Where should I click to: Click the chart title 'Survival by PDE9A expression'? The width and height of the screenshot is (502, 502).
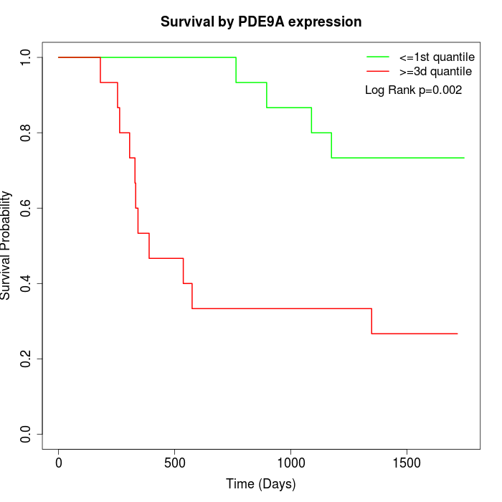pos(261,22)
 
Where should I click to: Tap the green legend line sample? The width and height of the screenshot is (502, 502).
pos(378,57)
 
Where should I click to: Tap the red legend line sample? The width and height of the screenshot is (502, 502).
pos(378,71)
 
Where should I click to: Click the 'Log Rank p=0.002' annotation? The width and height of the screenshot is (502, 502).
pos(414,90)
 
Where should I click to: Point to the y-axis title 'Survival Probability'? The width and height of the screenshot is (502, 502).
pos(7,245)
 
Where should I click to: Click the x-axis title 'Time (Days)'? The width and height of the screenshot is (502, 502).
pos(261,484)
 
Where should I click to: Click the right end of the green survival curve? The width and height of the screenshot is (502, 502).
pos(464,158)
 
